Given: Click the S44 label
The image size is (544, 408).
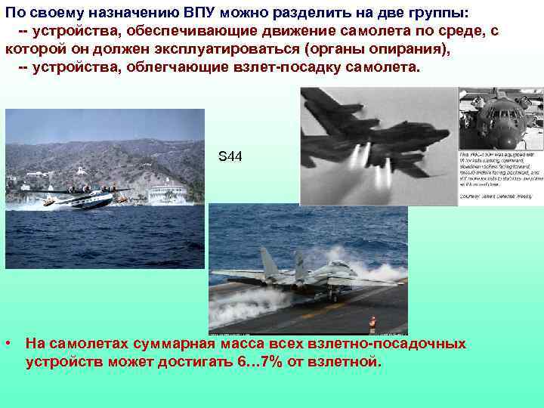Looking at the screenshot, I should [x=230, y=156].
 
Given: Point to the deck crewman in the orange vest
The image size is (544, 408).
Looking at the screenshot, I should [x=372, y=325].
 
